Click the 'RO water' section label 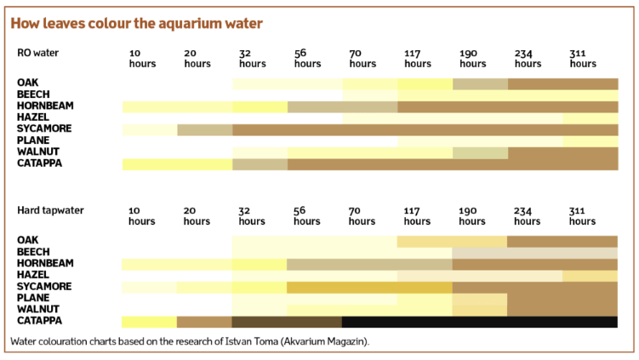[37, 53]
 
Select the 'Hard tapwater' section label [50, 209]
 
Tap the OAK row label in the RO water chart [27, 83]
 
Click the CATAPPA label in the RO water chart [38, 163]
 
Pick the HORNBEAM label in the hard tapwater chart [45, 264]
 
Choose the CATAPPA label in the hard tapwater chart [38, 322]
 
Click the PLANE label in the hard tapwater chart [32, 299]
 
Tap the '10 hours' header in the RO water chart [142, 59]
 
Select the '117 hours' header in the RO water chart [418, 59]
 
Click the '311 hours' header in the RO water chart [583, 59]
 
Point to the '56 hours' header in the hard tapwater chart [307, 215]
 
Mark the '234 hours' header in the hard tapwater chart [528, 215]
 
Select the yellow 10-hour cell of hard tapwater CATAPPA [149, 322]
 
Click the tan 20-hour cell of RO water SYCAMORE [204, 129]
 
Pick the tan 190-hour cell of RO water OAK [480, 83]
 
